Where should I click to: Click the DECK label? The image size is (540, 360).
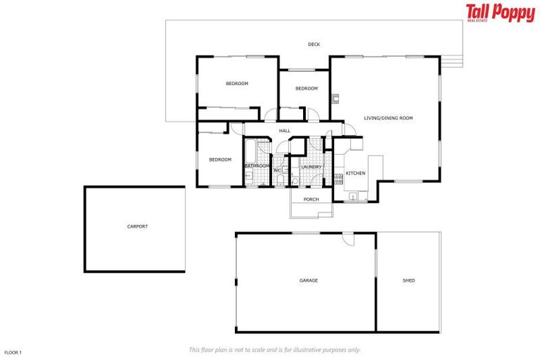[314, 44]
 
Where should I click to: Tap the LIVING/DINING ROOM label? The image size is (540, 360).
[388, 118]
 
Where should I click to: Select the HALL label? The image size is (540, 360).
[285, 131]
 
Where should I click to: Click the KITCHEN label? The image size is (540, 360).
[355, 173]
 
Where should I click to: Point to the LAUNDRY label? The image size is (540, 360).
[311, 167]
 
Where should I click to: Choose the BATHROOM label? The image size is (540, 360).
[257, 166]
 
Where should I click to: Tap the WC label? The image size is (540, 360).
[277, 170]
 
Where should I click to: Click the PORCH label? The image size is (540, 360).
[311, 200]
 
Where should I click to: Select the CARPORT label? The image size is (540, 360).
[137, 226]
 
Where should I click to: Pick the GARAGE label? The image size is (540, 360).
[309, 281]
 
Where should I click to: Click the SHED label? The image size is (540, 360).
[409, 281]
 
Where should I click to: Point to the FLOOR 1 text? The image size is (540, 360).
[13, 352]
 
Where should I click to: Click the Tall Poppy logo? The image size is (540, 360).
[500, 13]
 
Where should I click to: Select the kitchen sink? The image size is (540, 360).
[353, 195]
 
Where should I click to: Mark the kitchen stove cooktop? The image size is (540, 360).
[338, 178]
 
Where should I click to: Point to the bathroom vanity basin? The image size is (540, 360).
[248, 175]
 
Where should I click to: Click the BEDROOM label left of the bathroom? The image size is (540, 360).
[220, 160]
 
